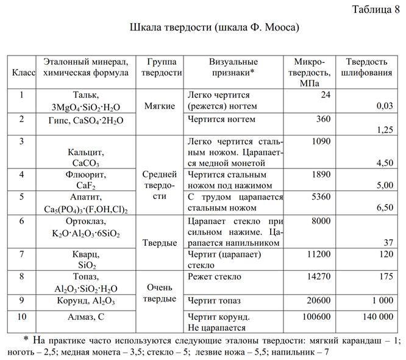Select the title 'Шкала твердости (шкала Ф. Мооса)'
click(x=215, y=28)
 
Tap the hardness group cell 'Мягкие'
click(x=160, y=106)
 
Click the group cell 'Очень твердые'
click(x=160, y=293)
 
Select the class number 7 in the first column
click(x=22, y=253)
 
